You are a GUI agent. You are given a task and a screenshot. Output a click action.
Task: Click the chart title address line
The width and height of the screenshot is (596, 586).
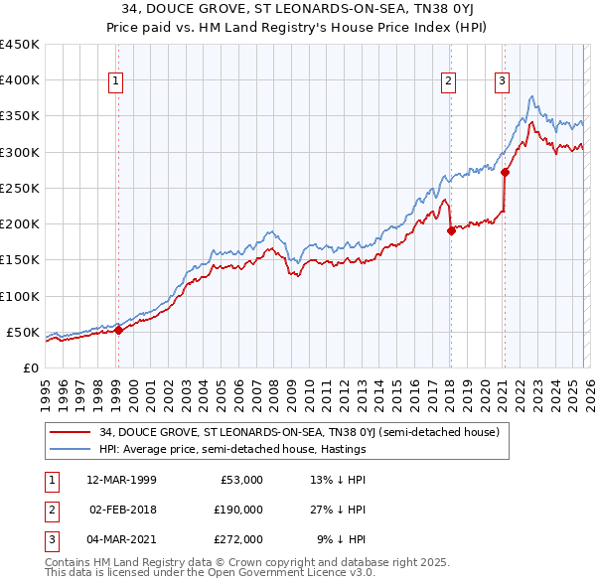pyautogui.click(x=298, y=10)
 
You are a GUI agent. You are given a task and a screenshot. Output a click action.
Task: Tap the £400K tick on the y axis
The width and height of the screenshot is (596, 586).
pyautogui.click(x=20, y=80)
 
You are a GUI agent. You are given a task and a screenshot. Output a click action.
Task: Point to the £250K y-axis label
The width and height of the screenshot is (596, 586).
pyautogui.click(x=20, y=188)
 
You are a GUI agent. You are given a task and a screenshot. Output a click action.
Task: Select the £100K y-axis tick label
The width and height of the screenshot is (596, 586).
pyautogui.click(x=20, y=296)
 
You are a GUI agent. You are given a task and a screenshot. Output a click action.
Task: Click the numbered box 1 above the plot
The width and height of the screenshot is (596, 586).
pyautogui.click(x=117, y=81)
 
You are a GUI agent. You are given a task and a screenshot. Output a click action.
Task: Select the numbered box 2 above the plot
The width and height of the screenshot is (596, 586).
pyautogui.click(x=449, y=81)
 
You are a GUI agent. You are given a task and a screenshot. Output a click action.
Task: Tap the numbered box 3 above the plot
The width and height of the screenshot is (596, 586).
pyautogui.click(x=503, y=81)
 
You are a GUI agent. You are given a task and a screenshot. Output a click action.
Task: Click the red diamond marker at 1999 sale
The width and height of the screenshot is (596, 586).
pyautogui.click(x=118, y=331)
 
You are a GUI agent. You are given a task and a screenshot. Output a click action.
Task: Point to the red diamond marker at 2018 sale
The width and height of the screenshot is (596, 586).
pyautogui.click(x=450, y=230)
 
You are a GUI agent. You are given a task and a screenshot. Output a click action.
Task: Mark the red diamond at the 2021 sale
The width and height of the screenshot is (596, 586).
pyautogui.click(x=505, y=172)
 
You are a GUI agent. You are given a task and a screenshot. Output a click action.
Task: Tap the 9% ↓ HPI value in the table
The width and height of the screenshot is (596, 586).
pyautogui.click(x=342, y=539)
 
